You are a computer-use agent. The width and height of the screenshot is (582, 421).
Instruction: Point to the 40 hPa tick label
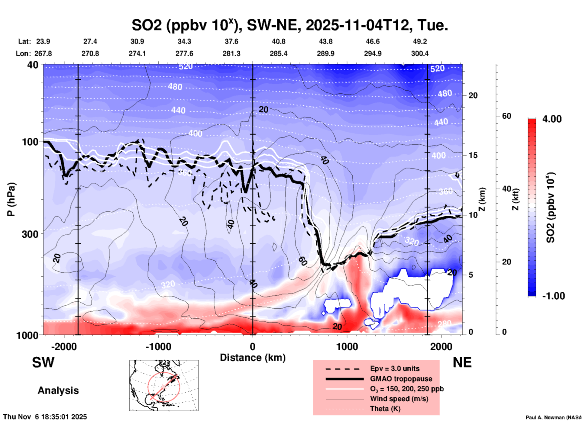33,65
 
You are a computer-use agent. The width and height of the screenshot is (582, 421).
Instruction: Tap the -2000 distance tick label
64,346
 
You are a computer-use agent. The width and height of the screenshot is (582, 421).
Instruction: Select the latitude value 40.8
278,41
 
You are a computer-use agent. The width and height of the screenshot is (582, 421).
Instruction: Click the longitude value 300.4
419,53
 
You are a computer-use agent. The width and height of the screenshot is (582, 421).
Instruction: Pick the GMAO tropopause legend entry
401,379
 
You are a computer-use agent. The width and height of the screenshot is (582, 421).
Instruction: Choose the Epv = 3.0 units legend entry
395,369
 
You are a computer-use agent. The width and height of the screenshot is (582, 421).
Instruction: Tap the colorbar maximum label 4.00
552,119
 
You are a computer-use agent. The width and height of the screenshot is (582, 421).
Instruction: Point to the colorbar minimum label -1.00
553,296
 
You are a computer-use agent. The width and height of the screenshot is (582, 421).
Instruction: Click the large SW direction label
43,362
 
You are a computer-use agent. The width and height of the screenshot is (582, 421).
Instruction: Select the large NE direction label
462,362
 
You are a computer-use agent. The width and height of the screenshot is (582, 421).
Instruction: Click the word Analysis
58,390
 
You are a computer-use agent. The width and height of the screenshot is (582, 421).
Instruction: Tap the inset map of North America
164,385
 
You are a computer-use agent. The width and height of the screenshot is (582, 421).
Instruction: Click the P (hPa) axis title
11,199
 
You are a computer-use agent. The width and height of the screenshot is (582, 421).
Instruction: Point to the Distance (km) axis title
253,358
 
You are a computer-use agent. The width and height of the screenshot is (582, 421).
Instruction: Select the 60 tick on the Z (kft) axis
506,116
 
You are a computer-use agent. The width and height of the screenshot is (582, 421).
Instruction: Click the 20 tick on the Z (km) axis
473,95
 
